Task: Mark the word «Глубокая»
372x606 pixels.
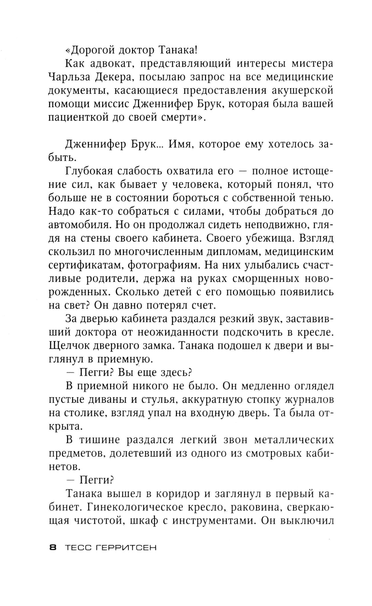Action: tap(88, 171)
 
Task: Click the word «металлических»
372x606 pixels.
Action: tap(294, 440)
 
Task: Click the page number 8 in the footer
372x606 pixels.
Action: tap(52, 548)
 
